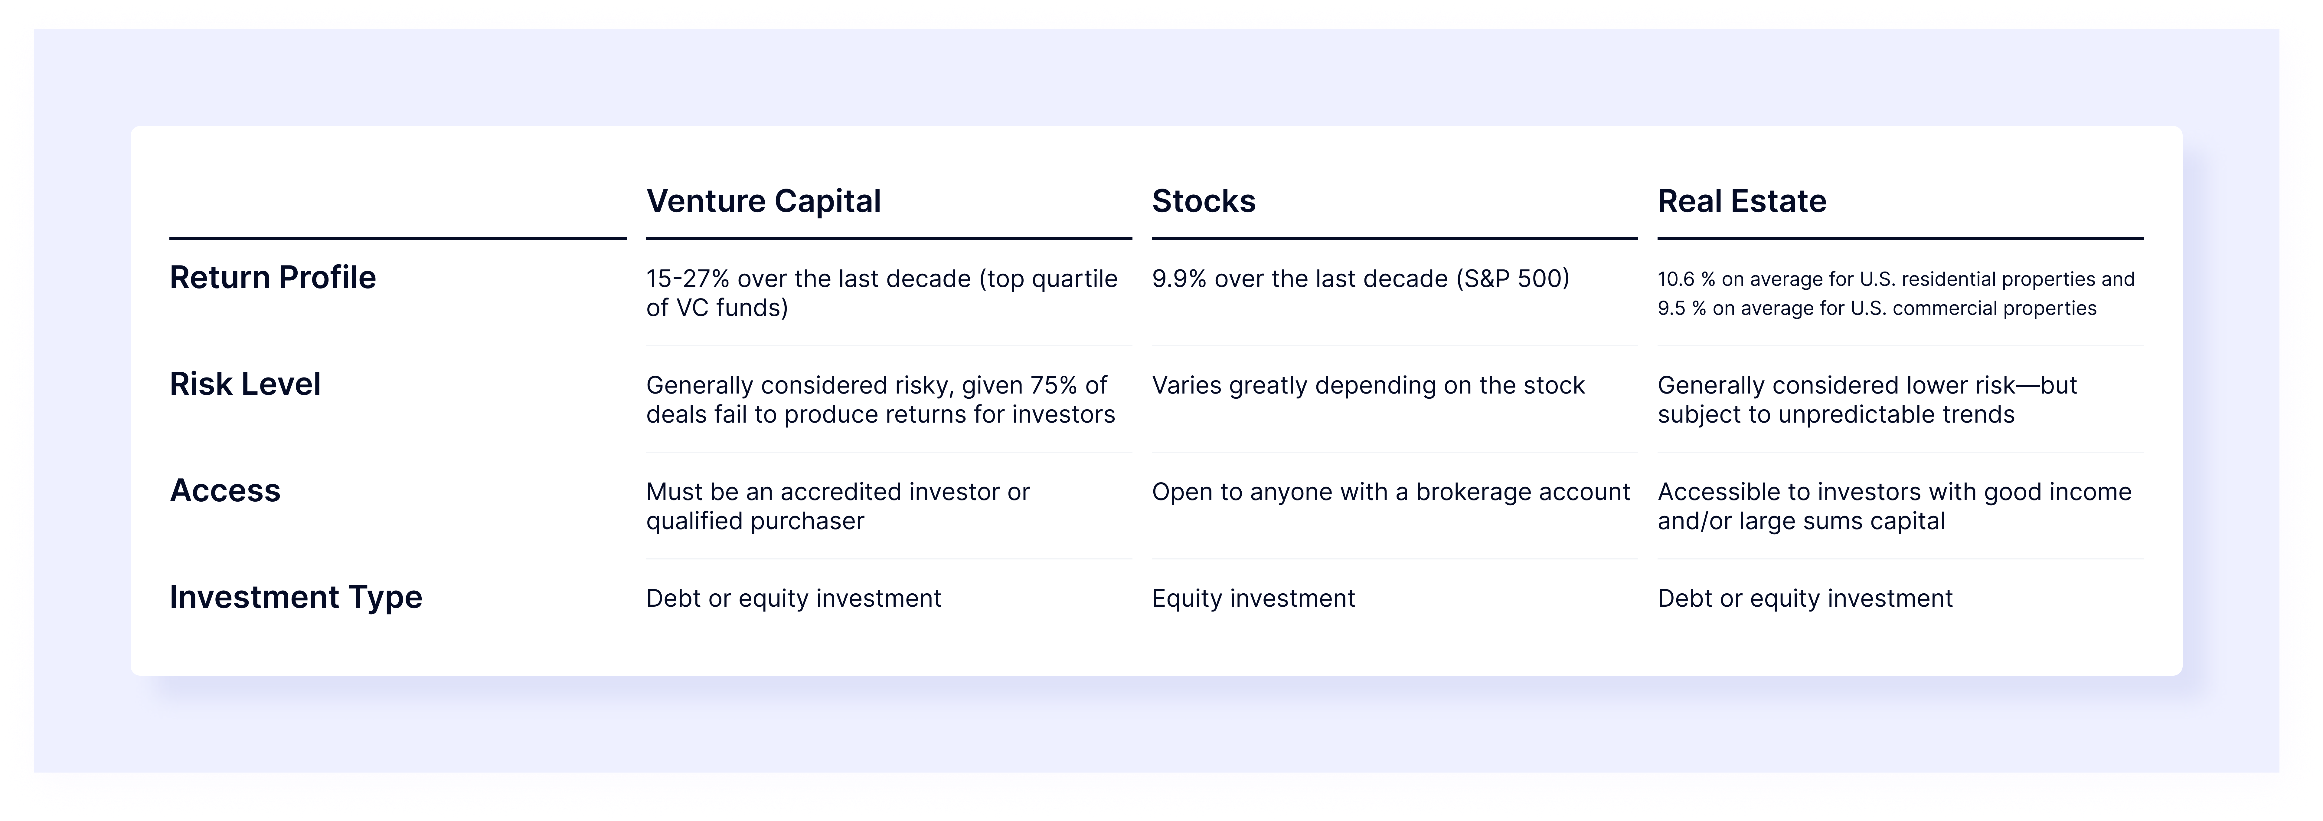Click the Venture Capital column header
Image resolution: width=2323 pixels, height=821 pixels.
763,201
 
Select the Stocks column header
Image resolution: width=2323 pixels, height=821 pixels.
1203,201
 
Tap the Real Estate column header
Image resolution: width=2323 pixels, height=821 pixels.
1741,201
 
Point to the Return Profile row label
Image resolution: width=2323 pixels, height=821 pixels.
272,278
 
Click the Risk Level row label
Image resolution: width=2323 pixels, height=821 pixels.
244,384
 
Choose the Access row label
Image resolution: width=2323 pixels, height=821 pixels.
224,491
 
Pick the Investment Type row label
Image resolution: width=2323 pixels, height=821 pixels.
296,597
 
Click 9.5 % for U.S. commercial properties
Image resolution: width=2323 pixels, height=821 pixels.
1682,308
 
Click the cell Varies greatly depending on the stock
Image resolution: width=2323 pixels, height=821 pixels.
1367,385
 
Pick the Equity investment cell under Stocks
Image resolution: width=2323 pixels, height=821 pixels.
1253,598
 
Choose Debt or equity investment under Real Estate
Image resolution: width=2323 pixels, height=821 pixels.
1805,598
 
